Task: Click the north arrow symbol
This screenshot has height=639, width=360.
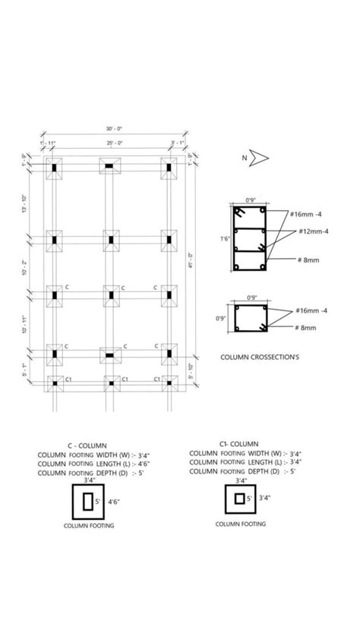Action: pos(260,158)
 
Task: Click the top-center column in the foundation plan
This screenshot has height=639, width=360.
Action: pos(110,165)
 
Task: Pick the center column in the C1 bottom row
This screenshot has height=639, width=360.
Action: pos(110,384)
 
